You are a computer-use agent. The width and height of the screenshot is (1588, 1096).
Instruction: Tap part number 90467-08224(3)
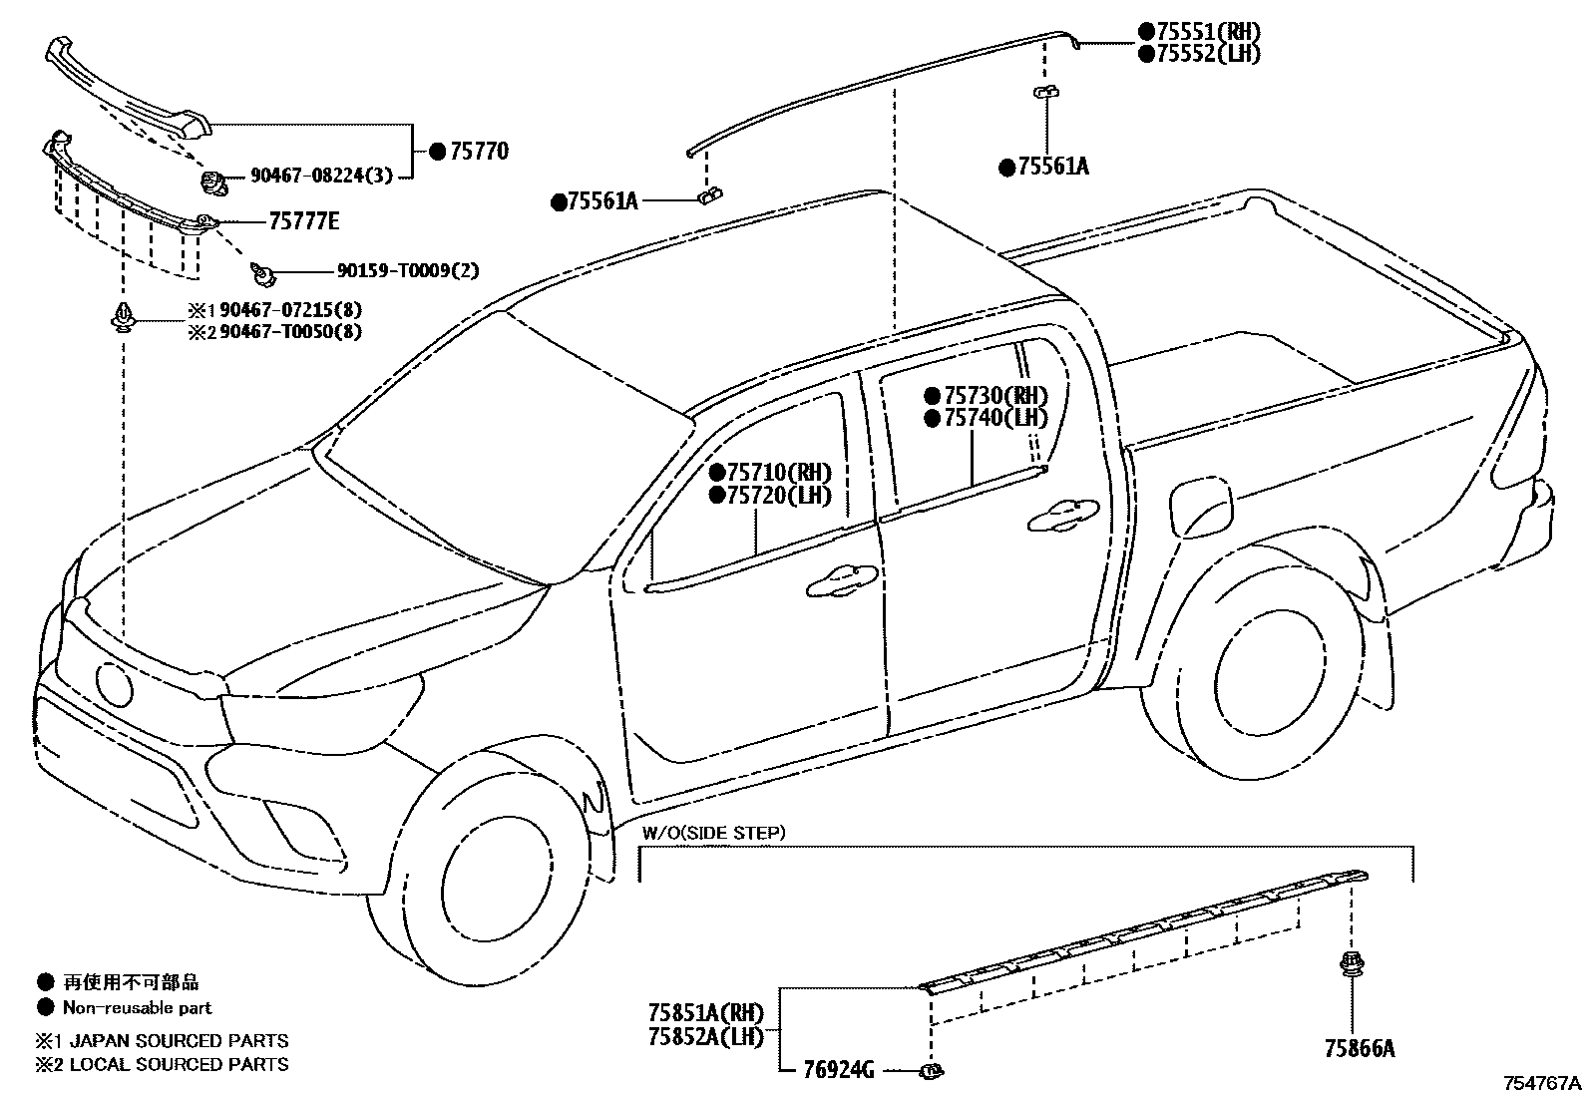pyautogui.click(x=320, y=177)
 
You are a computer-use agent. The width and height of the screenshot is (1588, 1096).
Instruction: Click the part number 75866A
pyautogui.click(x=1359, y=1048)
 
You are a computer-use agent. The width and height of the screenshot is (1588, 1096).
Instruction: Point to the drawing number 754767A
pyautogui.click(x=1542, y=1083)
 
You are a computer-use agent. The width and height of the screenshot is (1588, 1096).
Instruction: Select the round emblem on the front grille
pyautogui.click(x=114, y=685)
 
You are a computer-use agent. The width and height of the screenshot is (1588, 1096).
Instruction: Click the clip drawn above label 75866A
pyautogui.click(x=1352, y=964)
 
